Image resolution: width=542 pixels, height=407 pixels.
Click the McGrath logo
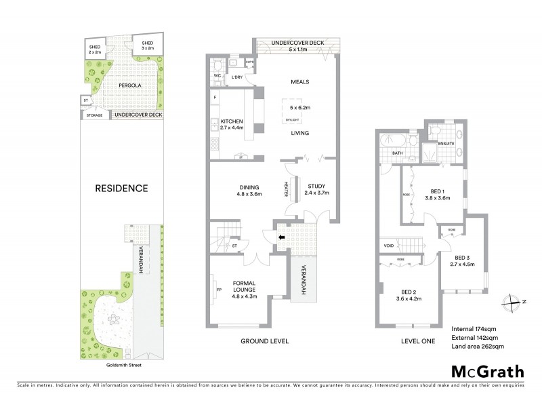pyautogui.click(x=487, y=372)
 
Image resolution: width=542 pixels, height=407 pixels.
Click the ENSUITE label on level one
pyautogui.click(x=446, y=143)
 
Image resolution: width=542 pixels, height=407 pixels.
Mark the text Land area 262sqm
pyautogui.click(x=477, y=347)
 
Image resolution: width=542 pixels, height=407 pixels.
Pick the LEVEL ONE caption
pyautogui.click(x=417, y=341)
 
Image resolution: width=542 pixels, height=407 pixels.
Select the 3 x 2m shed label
pyautogui.click(x=148, y=45)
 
